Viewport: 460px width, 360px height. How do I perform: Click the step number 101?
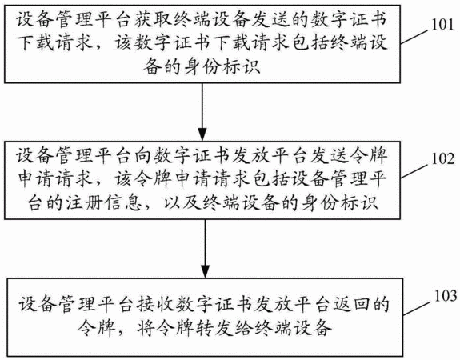pos(442,24)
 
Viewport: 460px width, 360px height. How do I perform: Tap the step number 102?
pos(442,158)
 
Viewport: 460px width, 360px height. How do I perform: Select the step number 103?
pos(446,295)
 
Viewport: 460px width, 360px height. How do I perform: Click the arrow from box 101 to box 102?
pos(202,112)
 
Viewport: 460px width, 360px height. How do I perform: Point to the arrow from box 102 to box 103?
pos(205,248)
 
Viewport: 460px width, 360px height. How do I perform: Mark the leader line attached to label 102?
pos(415,171)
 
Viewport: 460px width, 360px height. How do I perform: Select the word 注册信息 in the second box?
pos(103,202)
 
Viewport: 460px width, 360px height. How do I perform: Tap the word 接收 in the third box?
pos(155,304)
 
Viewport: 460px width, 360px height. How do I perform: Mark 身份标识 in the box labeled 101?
pos(222,67)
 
